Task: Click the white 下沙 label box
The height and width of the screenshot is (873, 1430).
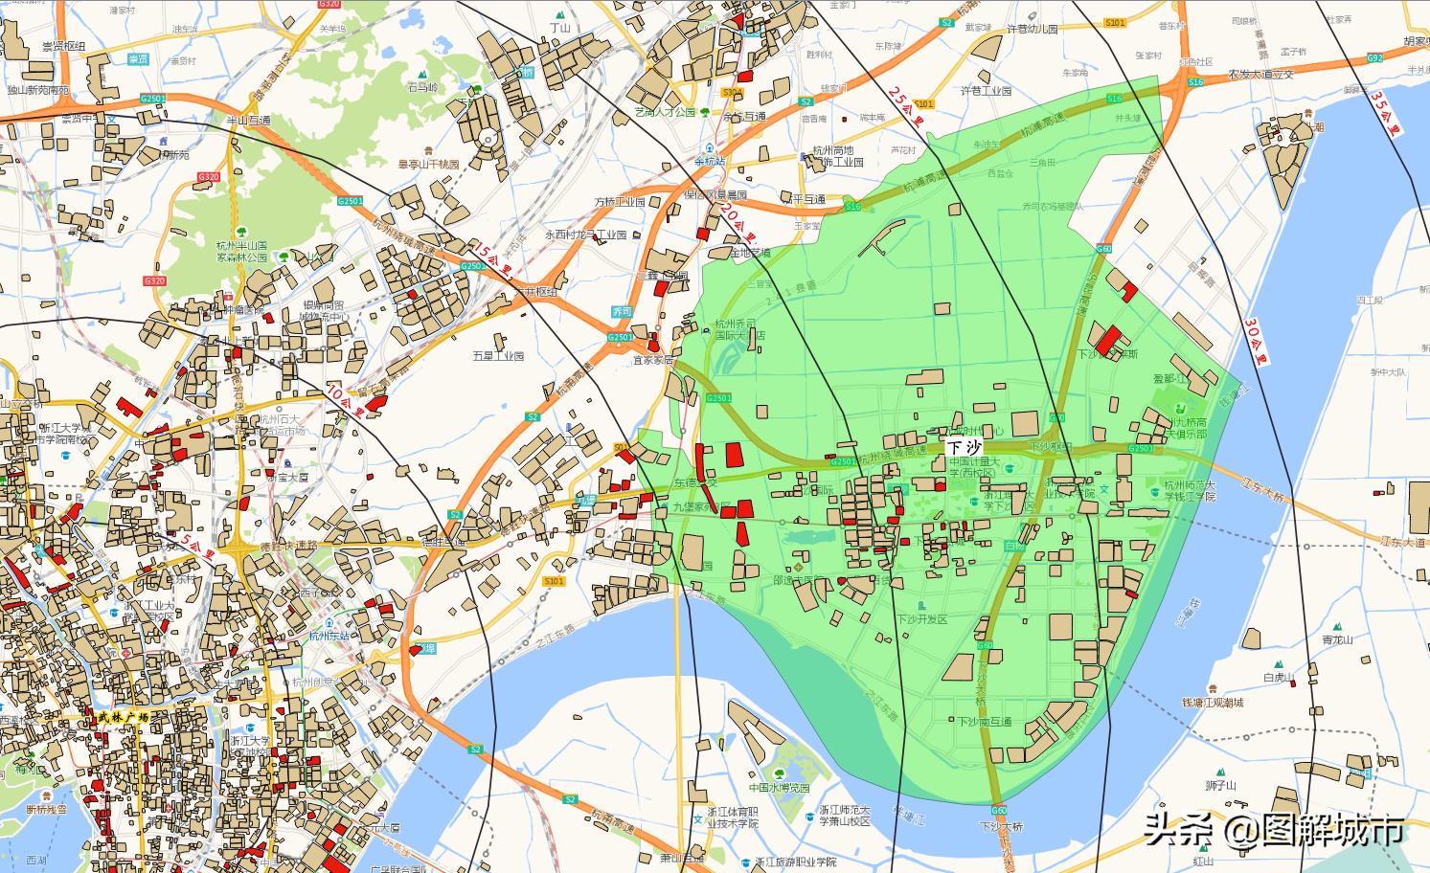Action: [x=965, y=447]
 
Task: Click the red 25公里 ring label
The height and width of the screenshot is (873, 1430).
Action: [x=906, y=108]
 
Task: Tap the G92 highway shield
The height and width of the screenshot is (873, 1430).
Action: [x=1375, y=58]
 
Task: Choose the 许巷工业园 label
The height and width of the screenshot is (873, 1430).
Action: [x=986, y=91]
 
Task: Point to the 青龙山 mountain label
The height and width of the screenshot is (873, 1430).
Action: [x=1337, y=639]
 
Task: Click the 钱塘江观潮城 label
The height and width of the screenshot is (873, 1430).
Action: [x=1213, y=703]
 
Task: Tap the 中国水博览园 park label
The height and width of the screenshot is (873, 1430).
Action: [x=779, y=788]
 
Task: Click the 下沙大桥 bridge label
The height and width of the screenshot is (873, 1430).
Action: [x=1001, y=825]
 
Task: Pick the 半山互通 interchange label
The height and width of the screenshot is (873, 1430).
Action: [x=248, y=121]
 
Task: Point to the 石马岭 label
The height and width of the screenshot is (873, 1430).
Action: [x=422, y=87]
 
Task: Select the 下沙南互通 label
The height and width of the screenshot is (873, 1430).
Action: [x=984, y=721]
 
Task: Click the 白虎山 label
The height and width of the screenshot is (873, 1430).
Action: [x=1279, y=678]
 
